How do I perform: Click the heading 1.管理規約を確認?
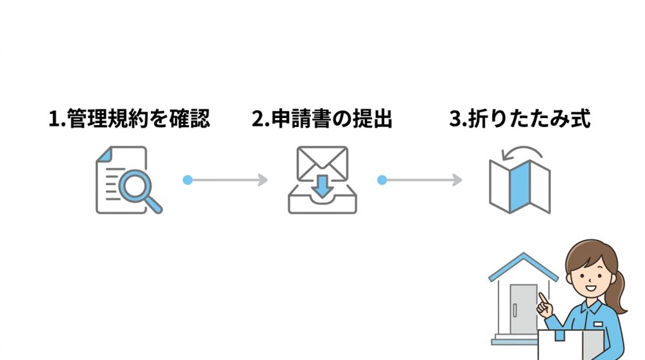129,120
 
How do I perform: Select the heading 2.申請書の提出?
322,120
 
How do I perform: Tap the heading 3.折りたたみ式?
520,120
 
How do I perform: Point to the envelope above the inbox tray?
322,163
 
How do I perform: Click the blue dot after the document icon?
188,180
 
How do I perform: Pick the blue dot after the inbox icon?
382,180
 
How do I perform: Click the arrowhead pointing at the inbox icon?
263,180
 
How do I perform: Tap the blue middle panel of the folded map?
519,187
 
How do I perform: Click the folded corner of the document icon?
141,153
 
